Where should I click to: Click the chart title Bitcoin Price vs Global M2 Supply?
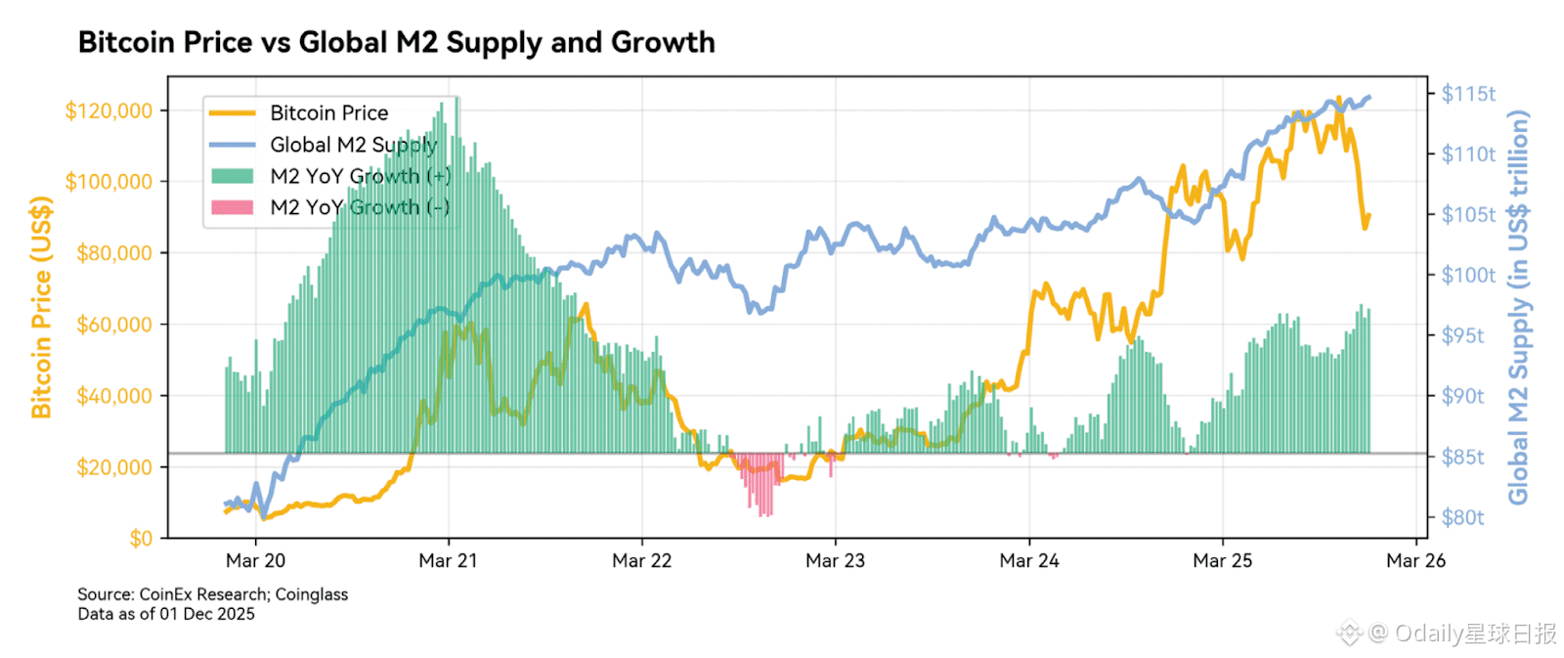click(x=396, y=43)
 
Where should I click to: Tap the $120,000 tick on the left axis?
click(x=109, y=110)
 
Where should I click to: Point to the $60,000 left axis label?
click(x=114, y=325)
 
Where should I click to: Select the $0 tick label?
click(x=141, y=538)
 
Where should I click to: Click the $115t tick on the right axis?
click(x=1468, y=94)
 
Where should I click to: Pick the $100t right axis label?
click(x=1468, y=276)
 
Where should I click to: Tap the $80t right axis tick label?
click(x=1462, y=517)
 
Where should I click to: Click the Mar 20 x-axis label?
click(x=255, y=561)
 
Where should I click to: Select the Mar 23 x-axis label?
click(x=835, y=561)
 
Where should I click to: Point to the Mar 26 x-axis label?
click(x=1415, y=561)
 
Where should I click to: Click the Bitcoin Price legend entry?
click(x=328, y=113)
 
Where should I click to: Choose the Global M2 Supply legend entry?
click(x=353, y=145)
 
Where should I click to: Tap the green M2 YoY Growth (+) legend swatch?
click(x=233, y=176)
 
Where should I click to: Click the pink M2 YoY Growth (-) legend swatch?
click(x=233, y=207)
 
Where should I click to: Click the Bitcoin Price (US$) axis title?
click(x=41, y=307)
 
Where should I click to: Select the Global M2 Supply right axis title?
click(x=1518, y=307)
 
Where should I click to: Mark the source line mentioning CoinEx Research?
click(x=212, y=594)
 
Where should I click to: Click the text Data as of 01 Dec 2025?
click(x=166, y=614)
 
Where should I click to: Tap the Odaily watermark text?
click(x=1461, y=634)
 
